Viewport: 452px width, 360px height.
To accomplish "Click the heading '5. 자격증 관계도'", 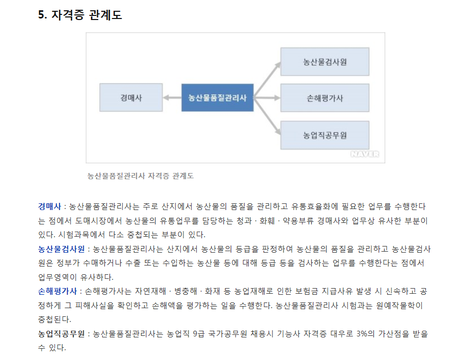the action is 80,15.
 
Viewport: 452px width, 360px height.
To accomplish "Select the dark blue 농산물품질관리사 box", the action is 217,98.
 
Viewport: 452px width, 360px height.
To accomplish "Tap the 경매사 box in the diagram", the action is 131,98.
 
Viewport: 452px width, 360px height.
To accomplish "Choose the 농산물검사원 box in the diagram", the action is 325,62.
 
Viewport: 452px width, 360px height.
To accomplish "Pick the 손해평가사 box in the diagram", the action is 325,98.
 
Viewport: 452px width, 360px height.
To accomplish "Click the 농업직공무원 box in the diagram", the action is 325,135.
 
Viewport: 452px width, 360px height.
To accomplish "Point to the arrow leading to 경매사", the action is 172,98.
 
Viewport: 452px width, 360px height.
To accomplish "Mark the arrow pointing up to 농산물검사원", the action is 267,80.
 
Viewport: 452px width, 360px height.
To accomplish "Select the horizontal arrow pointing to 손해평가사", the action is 267,98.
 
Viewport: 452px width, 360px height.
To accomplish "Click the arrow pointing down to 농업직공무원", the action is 267,116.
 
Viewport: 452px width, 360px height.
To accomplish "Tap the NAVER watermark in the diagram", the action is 365,154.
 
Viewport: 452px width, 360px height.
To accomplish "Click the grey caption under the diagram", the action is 140,176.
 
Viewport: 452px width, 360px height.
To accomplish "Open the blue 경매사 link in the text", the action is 50,206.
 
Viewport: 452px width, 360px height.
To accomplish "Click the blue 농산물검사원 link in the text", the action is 62,249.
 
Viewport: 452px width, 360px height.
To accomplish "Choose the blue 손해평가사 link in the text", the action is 58,291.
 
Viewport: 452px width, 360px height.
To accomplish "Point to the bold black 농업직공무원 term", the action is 62,334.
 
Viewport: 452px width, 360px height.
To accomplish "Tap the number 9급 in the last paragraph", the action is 199,334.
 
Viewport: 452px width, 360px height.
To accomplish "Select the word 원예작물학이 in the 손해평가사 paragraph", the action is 399,306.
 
